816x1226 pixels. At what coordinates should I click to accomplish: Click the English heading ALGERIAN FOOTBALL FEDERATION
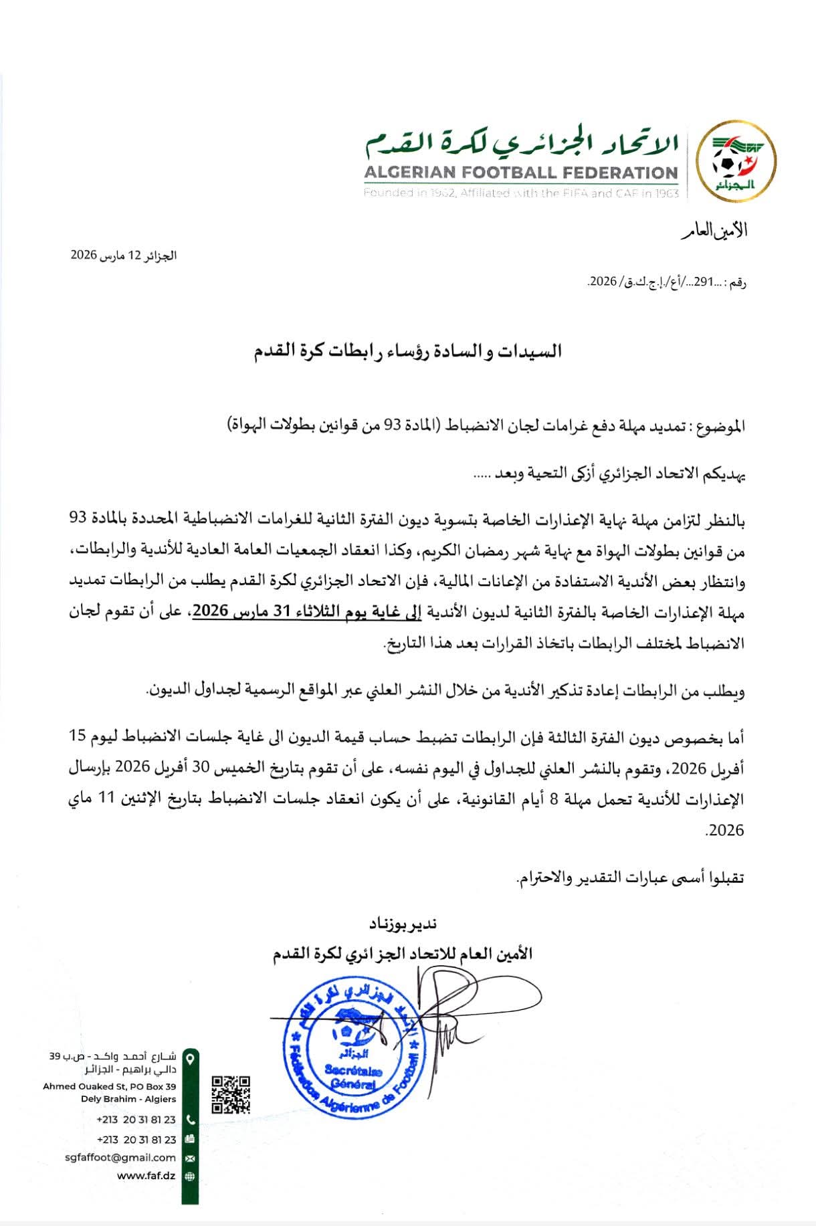521,172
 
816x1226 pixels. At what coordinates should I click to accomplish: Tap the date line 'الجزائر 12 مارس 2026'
124,256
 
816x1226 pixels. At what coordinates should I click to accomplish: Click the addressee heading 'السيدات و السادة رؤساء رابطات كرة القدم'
407,351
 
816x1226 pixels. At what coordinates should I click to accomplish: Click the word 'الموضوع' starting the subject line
722,426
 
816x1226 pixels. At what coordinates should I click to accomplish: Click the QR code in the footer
231,1095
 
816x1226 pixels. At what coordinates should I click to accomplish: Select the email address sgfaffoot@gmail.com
121,1158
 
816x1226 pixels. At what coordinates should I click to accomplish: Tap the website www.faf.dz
146,1176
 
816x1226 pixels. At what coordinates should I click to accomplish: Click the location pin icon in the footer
190,1059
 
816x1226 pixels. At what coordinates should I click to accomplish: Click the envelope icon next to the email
190,1158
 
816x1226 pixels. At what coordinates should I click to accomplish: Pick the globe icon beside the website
190,1176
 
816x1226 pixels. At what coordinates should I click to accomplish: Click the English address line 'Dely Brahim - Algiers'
128,1098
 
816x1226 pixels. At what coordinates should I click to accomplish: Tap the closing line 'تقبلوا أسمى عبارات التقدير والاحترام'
631,877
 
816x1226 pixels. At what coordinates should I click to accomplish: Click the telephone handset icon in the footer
190,1119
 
